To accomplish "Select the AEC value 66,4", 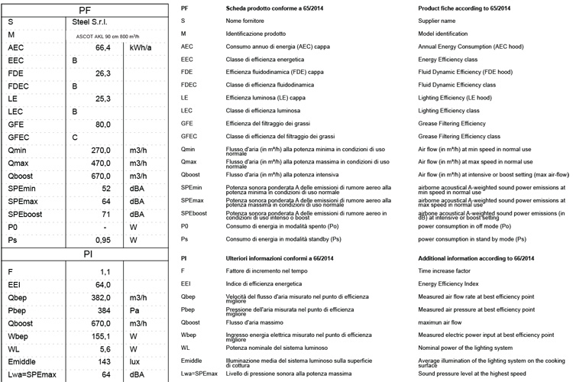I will point(104,47).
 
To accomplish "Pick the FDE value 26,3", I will point(104,73).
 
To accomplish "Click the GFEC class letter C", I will point(75,137).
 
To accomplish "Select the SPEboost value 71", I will point(107,214).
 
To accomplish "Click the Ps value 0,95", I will point(104,240).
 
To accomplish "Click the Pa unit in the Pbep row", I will point(135,311).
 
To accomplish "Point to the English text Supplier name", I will point(438,21).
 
